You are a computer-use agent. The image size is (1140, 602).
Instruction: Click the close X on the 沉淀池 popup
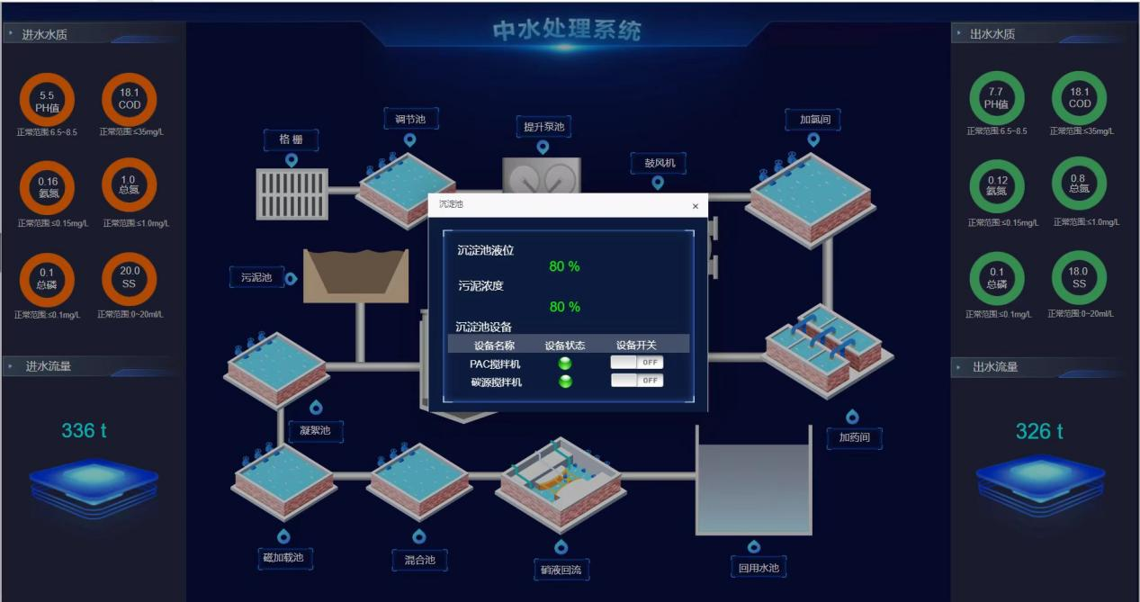tap(695, 206)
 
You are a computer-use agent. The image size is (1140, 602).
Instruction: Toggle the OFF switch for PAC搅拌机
tap(637, 362)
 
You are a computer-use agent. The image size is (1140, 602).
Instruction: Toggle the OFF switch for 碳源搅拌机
tap(637, 380)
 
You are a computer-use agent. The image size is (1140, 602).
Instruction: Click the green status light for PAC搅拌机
tap(565, 364)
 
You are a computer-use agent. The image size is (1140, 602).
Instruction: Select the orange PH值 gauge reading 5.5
tap(47, 100)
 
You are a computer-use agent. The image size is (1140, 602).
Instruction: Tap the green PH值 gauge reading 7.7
tap(996, 98)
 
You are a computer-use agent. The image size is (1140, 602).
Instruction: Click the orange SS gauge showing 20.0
tap(130, 276)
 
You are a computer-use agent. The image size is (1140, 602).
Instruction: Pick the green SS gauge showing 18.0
tap(1079, 278)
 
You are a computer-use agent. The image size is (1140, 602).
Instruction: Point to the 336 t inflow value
tap(84, 431)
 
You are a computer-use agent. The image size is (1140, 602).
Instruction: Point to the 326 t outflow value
tap(1039, 432)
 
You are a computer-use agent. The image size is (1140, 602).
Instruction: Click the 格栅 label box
tap(291, 139)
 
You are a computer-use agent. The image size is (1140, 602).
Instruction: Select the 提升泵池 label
tap(543, 127)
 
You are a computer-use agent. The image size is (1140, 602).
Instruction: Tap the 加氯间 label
tap(813, 119)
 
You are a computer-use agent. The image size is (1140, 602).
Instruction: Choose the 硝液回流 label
tap(561, 570)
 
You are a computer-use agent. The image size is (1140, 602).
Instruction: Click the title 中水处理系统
tap(567, 30)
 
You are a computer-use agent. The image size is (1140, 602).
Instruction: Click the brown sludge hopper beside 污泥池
tap(356, 275)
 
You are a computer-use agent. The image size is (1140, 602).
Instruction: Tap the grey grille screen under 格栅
tap(292, 193)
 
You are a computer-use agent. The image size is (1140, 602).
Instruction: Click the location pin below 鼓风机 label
tap(658, 183)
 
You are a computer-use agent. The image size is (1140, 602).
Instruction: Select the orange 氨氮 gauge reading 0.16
tap(47, 187)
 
